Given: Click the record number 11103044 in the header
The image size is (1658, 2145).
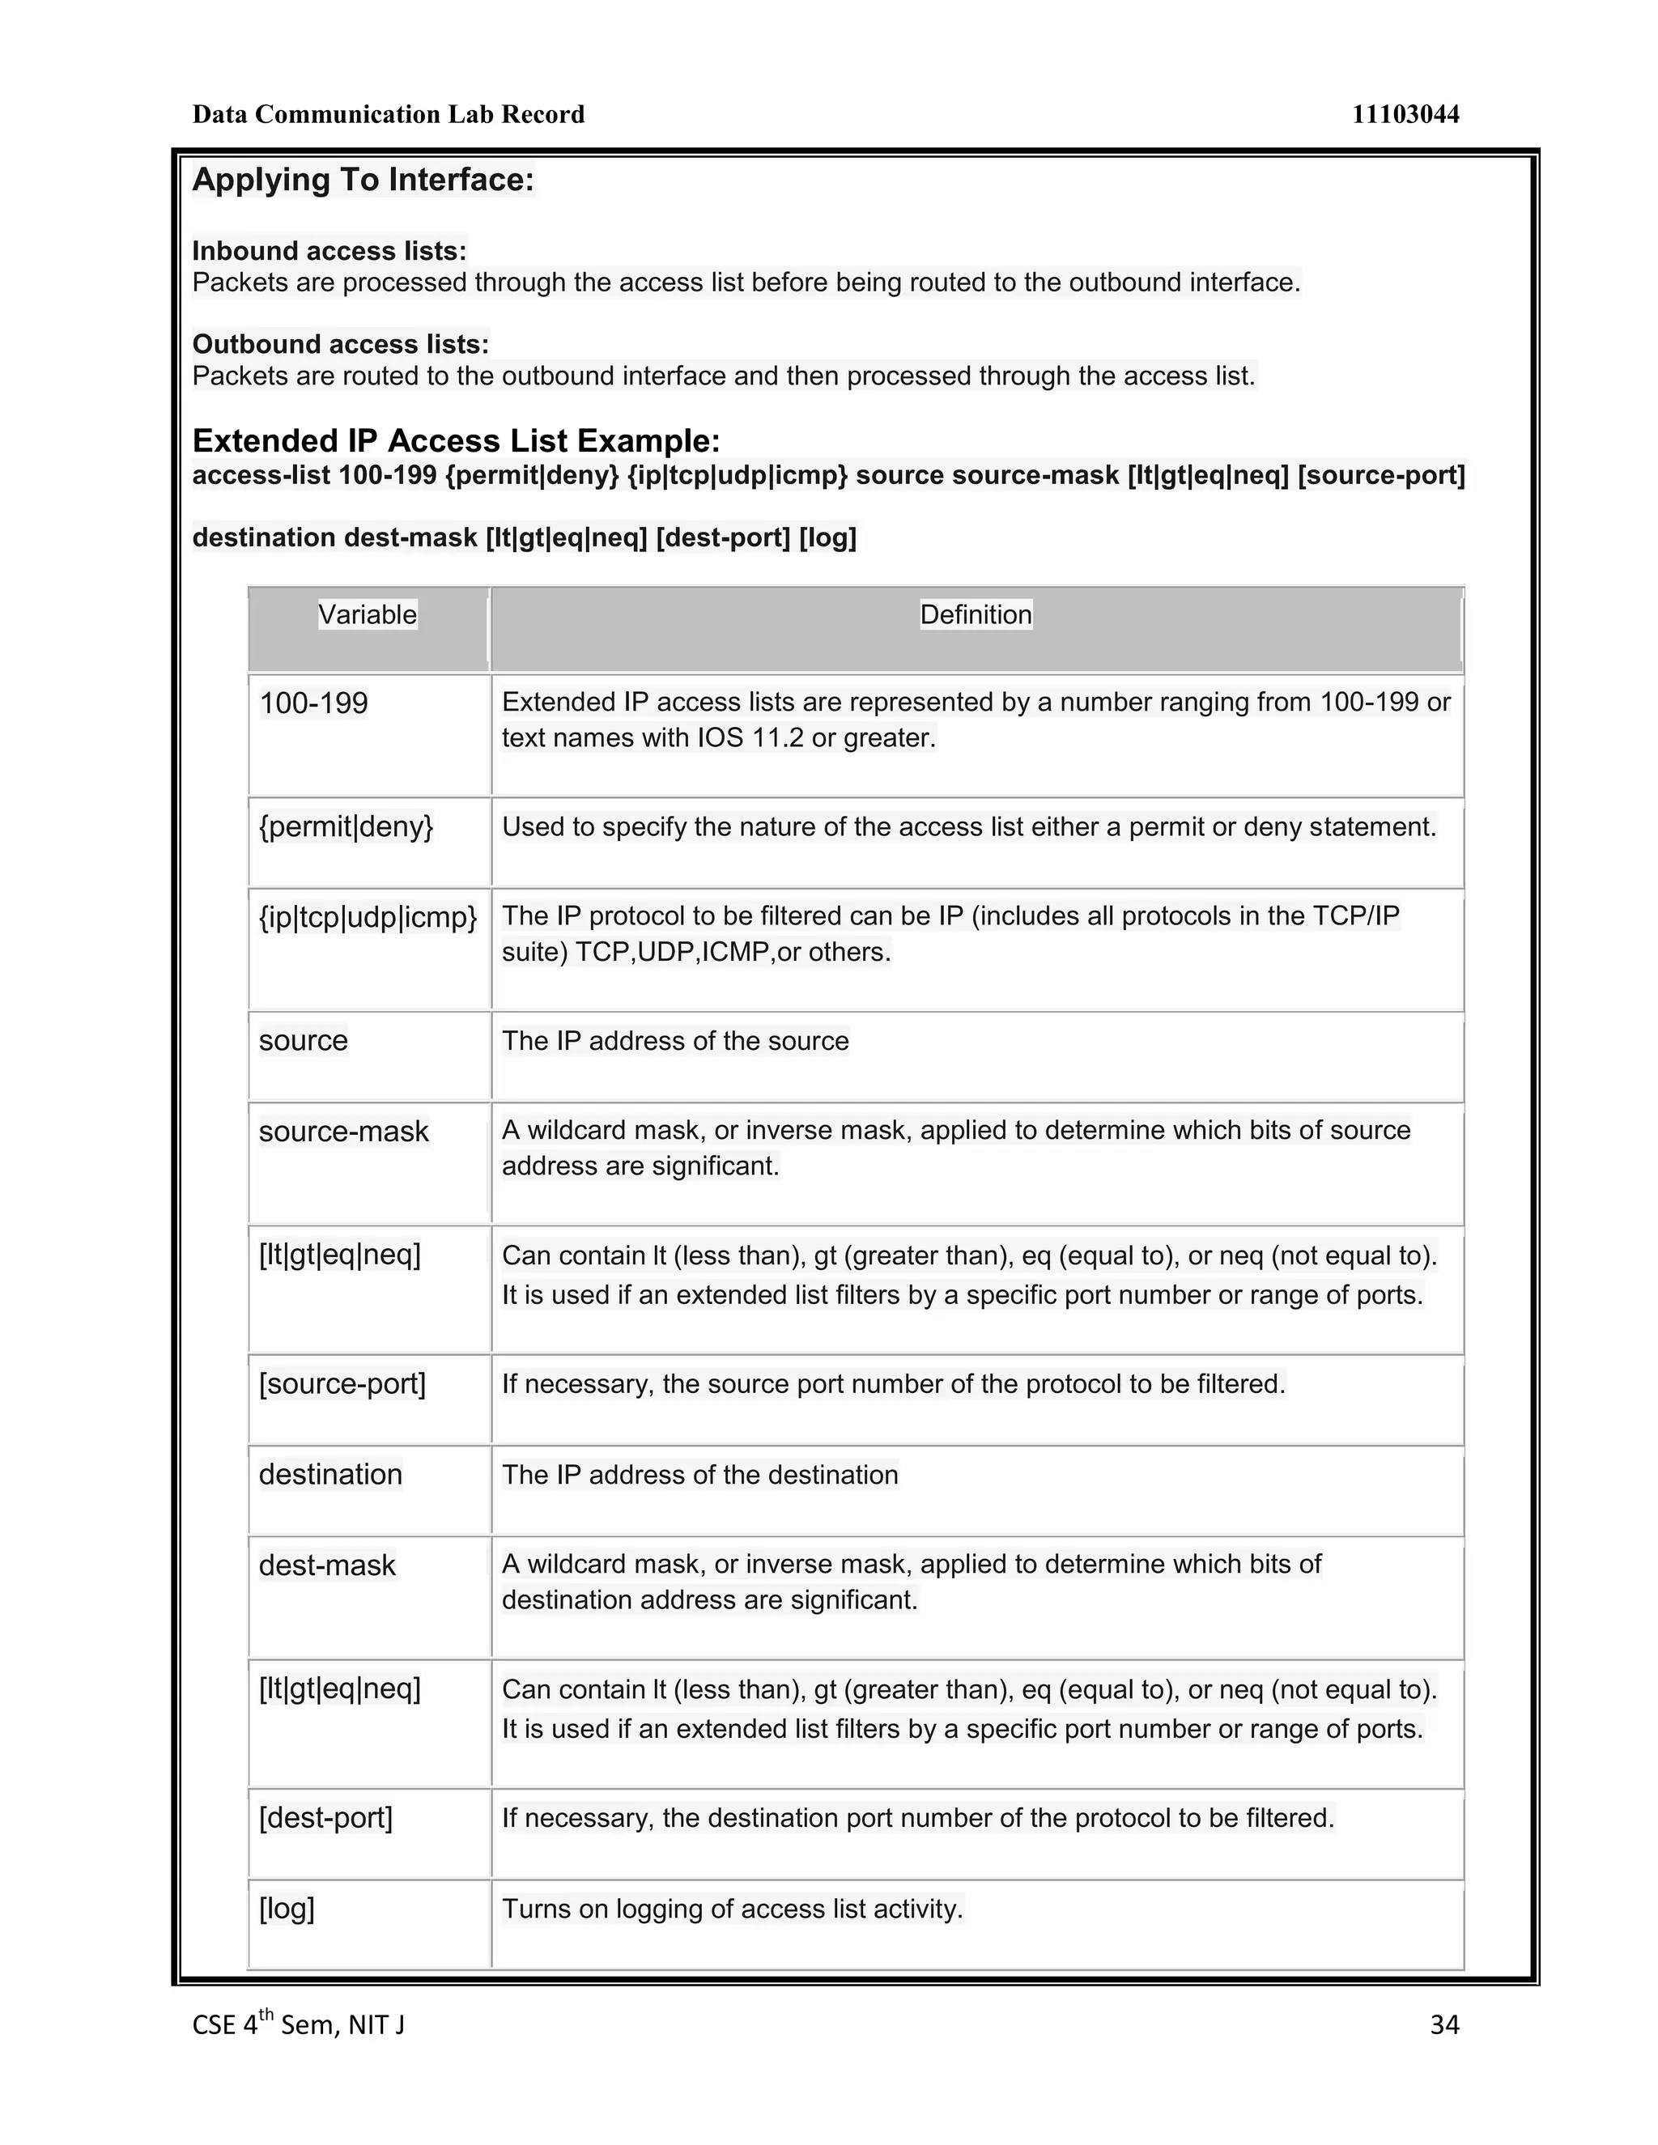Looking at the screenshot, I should coord(1405,115).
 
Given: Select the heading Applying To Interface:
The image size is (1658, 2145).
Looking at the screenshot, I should coord(363,180).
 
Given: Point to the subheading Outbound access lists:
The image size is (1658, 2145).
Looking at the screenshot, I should coord(340,344).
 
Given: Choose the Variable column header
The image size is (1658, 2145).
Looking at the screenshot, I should coord(368,615).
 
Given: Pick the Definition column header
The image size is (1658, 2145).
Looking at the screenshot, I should coord(976,615).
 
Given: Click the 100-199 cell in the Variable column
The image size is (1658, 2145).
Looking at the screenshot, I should coord(313,703).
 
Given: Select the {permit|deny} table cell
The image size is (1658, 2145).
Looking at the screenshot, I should coord(346,827).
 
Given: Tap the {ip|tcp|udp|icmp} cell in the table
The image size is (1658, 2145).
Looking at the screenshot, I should coord(368,917).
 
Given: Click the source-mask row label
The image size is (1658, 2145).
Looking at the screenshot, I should coord(344,1132).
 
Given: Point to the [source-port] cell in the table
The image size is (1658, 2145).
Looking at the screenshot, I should coord(342,1384).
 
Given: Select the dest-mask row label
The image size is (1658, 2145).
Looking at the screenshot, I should coord(327,1565).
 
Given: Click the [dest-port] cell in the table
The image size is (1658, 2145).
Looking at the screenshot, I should coord(325,1818).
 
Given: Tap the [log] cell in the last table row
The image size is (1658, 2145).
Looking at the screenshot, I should coord(287,1909).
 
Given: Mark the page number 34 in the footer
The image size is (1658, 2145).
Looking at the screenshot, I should coord(1444,2024).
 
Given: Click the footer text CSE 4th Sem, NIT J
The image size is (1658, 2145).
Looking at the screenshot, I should coord(298,2024).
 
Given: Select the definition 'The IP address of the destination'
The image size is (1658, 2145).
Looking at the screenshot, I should coord(699,1475).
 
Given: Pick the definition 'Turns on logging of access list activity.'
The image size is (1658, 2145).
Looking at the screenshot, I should coord(732,1909).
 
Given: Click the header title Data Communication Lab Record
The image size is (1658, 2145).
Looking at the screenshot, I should coord(388,115).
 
